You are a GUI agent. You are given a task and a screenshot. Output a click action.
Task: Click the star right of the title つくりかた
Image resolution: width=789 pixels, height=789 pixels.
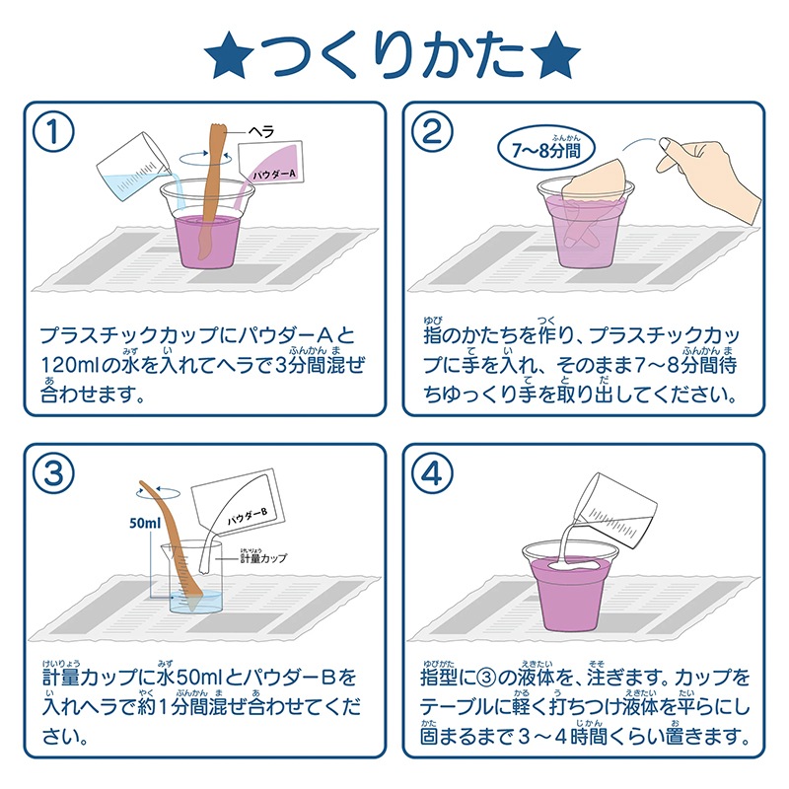click(x=556, y=55)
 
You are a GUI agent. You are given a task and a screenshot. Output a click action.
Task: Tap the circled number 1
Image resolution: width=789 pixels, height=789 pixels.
click(x=53, y=132)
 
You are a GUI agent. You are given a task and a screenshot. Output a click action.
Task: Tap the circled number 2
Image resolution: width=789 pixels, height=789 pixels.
click(x=431, y=132)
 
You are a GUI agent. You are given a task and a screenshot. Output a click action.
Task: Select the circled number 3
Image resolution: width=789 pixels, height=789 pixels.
click(x=53, y=474)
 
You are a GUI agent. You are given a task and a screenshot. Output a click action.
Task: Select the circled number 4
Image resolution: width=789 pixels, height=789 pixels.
click(x=431, y=474)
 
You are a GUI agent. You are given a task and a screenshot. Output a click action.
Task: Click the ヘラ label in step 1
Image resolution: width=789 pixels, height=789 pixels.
click(x=261, y=132)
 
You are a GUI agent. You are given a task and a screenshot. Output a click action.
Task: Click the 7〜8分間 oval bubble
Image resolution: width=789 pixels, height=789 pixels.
click(x=546, y=149)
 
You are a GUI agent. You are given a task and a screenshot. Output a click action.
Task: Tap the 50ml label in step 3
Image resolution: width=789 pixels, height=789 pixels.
click(x=145, y=524)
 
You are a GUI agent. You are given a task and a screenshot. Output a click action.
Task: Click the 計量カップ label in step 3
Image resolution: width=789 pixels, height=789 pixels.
click(x=263, y=557)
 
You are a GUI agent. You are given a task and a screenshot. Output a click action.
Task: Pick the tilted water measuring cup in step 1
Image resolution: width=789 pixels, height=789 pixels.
click(x=133, y=169)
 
